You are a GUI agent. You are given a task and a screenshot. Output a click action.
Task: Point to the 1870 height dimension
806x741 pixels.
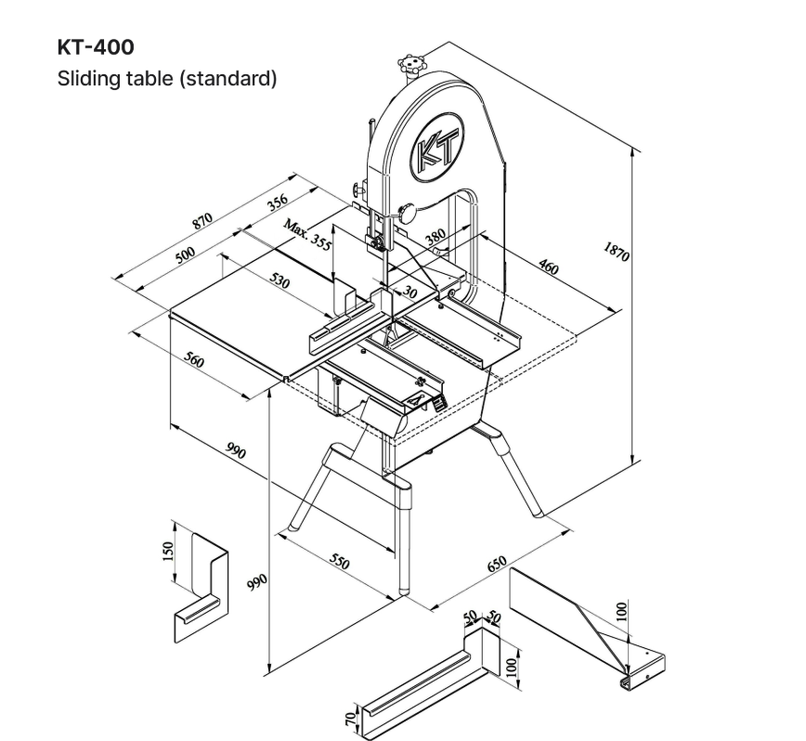[616, 253]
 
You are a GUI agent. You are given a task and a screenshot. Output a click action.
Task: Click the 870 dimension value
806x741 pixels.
[201, 223]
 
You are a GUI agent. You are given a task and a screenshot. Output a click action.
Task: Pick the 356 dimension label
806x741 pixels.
[278, 201]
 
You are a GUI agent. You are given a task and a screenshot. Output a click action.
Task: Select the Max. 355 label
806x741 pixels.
[307, 235]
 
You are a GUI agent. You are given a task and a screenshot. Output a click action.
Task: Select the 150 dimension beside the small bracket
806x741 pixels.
[168, 552]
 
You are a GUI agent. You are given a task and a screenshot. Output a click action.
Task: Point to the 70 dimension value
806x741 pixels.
[349, 717]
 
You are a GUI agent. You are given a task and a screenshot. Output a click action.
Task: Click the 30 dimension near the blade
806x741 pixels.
[410, 292]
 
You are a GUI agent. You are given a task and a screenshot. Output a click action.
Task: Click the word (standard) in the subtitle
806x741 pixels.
[231, 78]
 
